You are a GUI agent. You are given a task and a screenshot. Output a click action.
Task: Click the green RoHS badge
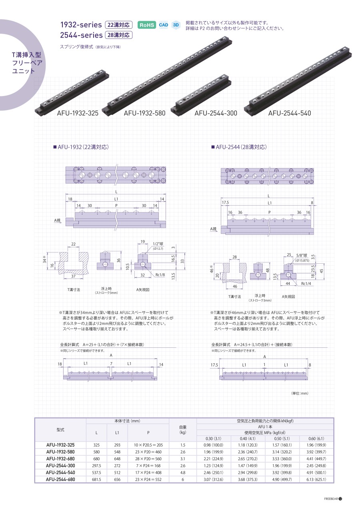pos(147,25)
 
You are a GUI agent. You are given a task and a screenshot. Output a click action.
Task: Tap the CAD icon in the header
pos(164,25)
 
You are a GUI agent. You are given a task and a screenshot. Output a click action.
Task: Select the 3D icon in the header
pos(176,25)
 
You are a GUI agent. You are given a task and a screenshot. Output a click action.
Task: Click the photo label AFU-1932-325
pos(78,113)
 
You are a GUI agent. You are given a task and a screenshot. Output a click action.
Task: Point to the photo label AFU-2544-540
pos(290,113)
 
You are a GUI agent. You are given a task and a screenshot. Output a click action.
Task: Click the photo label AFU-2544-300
pos(216,113)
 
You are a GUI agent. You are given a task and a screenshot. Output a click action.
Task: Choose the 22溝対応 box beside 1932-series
pos(118,25)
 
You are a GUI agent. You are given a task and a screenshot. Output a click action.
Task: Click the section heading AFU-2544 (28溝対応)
pos(239,147)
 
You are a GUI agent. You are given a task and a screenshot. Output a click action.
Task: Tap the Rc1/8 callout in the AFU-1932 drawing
pos(160,275)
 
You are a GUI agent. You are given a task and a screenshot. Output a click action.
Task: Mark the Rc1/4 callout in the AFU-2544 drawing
pos(306,284)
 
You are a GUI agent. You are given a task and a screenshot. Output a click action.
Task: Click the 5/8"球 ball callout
pos(302,255)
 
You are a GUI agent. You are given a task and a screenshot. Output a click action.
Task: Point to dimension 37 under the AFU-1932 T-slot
pos(73,276)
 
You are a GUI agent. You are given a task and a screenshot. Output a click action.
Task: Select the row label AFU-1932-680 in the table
pos(60,459)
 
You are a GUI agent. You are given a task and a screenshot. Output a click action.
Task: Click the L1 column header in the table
pos(117,433)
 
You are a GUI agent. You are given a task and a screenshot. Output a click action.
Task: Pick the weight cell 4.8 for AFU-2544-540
pos(183,473)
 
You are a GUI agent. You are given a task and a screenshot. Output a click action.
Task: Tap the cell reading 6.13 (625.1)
pos(316,479)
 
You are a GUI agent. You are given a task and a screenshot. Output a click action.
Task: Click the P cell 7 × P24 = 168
pos(148,466)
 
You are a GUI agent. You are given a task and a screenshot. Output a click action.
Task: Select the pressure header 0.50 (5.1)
pos(282,438)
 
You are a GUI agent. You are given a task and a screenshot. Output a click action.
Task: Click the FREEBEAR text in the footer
pos(331,499)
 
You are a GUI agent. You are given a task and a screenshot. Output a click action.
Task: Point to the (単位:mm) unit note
pos(300,393)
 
